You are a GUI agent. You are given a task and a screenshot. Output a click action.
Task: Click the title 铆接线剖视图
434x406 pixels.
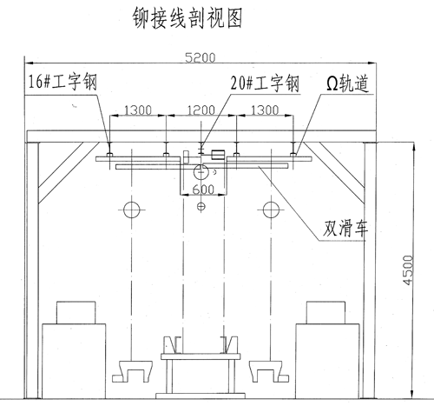[187, 18]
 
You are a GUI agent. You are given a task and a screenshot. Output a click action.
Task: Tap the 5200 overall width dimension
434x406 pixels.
[201, 57]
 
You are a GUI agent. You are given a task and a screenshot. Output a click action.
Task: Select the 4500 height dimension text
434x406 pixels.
[408, 270]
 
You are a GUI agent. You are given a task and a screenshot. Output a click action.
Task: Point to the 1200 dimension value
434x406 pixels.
[201, 110]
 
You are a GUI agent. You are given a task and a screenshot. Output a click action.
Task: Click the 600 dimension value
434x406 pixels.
[203, 190]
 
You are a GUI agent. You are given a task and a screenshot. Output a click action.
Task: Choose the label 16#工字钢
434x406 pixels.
[62, 82]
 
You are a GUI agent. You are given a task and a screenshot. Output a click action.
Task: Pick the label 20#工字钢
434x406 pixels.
[265, 83]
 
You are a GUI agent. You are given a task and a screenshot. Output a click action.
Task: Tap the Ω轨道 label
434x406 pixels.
[348, 83]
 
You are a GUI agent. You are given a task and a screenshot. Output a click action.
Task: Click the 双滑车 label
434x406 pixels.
[345, 228]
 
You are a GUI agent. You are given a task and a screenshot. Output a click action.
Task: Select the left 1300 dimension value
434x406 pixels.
[138, 110]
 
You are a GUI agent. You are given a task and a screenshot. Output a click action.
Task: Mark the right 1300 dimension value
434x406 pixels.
[265, 110]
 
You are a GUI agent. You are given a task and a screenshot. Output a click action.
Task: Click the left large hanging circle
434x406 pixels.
[132, 210]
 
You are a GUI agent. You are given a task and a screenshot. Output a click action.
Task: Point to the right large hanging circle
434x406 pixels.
[272, 210]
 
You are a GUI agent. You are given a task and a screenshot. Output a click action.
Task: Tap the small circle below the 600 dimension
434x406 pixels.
[201, 207]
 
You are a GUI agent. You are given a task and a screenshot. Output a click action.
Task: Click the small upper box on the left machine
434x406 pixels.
[76, 313]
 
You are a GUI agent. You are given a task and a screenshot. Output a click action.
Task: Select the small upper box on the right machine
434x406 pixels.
[325, 313]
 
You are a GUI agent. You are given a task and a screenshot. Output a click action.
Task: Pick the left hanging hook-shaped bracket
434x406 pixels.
[133, 371]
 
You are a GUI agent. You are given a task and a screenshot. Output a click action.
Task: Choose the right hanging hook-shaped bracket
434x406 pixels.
[269, 371]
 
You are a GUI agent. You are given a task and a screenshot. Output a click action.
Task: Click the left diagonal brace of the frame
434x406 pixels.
[69, 172]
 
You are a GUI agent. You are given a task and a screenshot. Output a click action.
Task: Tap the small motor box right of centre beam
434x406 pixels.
[219, 155]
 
